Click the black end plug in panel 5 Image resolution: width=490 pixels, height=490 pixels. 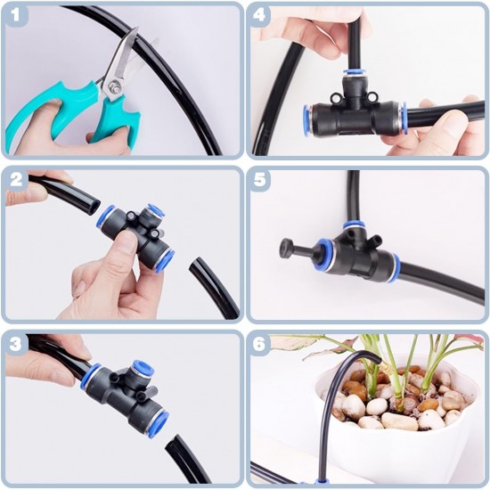pos(290,248)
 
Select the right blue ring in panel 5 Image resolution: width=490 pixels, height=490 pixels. pos(394,266)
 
